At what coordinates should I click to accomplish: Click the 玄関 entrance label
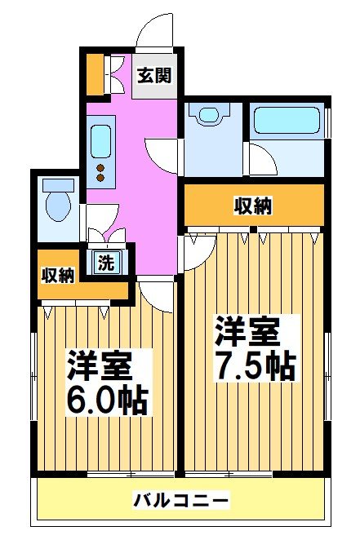(153, 77)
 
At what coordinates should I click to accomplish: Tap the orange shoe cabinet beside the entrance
(96, 74)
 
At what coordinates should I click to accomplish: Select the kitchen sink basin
(102, 141)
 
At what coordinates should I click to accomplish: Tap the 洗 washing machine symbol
(105, 263)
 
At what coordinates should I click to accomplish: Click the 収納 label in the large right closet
(251, 206)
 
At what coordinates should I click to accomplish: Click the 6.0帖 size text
(107, 400)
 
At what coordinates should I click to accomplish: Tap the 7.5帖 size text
(254, 367)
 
